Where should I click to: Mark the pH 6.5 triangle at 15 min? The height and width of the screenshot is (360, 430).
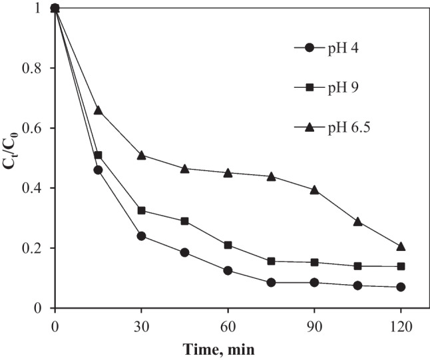(98, 110)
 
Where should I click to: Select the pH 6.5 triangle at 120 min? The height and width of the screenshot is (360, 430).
(401, 246)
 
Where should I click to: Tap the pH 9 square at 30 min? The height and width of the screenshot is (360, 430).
(141, 210)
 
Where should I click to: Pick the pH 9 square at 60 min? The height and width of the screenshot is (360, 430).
(228, 245)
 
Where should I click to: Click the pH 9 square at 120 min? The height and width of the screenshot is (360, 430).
(401, 266)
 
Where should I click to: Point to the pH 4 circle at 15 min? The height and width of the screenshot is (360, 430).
(98, 170)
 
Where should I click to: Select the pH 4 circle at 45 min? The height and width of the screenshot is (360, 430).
(184, 252)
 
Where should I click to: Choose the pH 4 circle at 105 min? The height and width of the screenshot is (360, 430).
(357, 285)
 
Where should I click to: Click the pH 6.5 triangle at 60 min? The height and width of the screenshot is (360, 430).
(228, 172)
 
